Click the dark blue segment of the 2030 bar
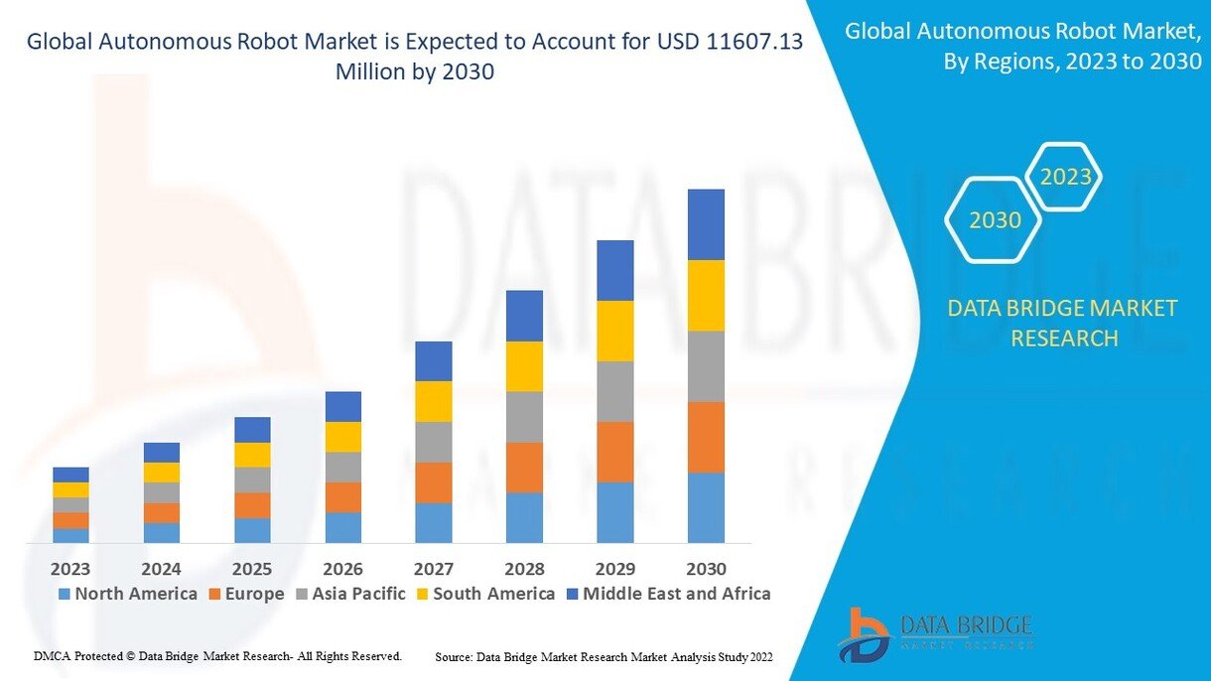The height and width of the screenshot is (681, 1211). coord(706,224)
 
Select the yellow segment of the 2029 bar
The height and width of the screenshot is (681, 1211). coord(614,331)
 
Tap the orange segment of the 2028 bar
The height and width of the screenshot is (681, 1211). coord(524,468)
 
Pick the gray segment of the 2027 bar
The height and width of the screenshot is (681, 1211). coord(433,442)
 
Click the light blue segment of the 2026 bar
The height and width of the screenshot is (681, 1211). coord(342,527)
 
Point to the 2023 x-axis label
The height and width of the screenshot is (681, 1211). coord(70,569)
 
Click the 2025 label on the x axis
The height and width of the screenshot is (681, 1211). coord(252,569)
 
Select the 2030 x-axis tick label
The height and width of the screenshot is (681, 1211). coord(706,569)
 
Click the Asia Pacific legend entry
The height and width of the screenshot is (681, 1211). coord(348,594)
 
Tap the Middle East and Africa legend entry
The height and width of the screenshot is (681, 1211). coord(667,594)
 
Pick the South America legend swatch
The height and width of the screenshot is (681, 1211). coord(421,595)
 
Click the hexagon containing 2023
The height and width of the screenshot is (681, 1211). coord(1063,178)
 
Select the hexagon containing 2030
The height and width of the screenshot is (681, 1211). coord(994,219)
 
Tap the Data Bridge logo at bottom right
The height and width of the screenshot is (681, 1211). coord(934,633)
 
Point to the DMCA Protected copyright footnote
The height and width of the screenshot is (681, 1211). coord(217,656)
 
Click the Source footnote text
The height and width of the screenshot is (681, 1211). coord(604,657)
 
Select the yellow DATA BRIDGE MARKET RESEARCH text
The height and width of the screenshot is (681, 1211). coord(1063,323)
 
